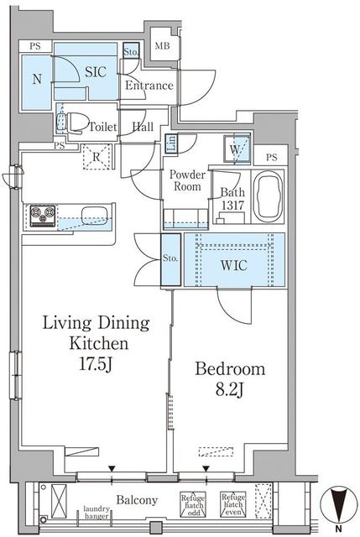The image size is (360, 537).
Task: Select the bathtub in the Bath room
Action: pos(269,197)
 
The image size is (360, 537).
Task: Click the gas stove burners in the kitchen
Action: pos(43,216)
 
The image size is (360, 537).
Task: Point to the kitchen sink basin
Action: pos(95,216)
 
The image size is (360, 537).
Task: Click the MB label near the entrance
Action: pos(162,45)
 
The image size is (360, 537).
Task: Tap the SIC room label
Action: pos(96,72)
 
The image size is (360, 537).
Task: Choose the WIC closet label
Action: pos(233,265)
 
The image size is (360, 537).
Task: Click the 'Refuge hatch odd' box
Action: pos(193,505)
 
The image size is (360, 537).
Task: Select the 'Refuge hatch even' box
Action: pos(233,504)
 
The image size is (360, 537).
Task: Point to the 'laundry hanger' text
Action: pos(97,513)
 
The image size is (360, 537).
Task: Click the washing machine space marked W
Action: pos(237,149)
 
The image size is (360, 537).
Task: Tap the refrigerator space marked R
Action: pos(97,157)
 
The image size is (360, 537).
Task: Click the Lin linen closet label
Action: pos(171,143)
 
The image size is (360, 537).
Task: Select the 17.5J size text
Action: pos(96,364)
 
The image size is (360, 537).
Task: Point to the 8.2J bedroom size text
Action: pos(229,389)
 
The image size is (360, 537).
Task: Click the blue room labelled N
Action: pos(37,82)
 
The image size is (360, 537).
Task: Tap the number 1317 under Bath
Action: pos(232,205)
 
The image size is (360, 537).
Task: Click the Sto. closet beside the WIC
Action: pos(170,259)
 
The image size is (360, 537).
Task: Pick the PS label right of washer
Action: pos(272,157)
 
